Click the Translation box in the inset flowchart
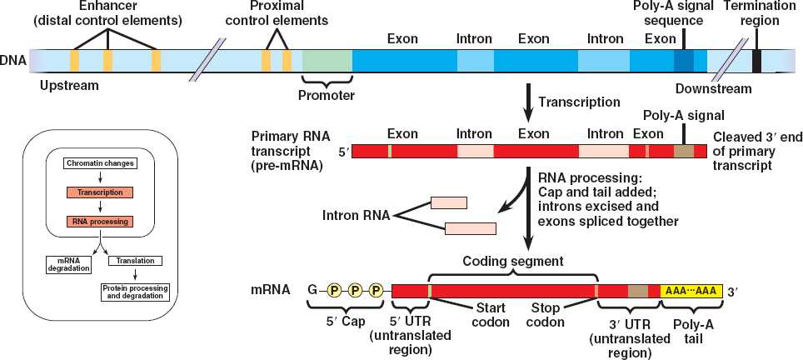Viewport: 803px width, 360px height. pos(137,261)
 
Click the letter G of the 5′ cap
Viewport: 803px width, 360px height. pos(312,290)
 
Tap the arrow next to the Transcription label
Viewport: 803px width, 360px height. pos(527,101)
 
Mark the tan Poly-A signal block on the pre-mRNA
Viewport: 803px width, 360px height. pos(683,151)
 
